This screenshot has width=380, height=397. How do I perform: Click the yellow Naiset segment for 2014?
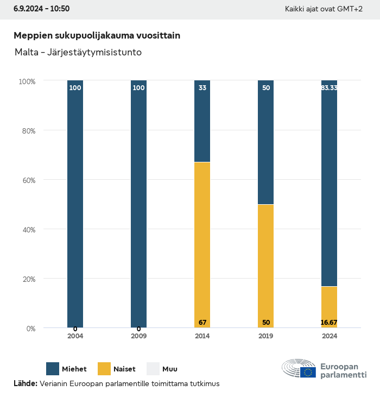[x=202, y=244]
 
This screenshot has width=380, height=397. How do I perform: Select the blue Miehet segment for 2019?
[x=265, y=142]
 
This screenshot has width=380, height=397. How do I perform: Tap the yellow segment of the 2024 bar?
[x=329, y=307]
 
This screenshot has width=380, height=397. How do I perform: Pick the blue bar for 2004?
[x=75, y=204]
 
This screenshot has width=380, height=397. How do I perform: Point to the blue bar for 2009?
[x=138, y=204]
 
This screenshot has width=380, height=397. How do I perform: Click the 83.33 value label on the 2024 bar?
[x=329, y=87]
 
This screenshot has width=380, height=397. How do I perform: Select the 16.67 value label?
[x=329, y=323]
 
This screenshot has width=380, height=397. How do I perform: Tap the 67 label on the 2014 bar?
[x=202, y=323]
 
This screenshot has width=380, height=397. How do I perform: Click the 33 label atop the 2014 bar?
[x=202, y=87]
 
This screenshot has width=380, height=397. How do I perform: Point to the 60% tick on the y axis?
[x=27, y=180]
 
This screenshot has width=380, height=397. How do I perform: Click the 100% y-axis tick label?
[x=27, y=81]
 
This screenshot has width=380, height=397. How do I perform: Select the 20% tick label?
[x=27, y=279]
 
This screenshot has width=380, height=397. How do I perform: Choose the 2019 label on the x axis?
[x=265, y=336]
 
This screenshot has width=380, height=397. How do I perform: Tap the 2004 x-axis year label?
[x=75, y=336]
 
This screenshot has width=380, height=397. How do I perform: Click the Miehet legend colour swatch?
[x=53, y=369]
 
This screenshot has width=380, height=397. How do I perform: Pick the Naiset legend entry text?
[x=124, y=369]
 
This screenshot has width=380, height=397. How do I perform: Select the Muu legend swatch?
[x=153, y=369]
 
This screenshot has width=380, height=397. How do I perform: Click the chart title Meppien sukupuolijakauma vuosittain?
[x=97, y=35]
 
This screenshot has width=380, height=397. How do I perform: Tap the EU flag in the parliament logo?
[x=309, y=372]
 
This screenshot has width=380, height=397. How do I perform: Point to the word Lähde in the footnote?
[x=25, y=384]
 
